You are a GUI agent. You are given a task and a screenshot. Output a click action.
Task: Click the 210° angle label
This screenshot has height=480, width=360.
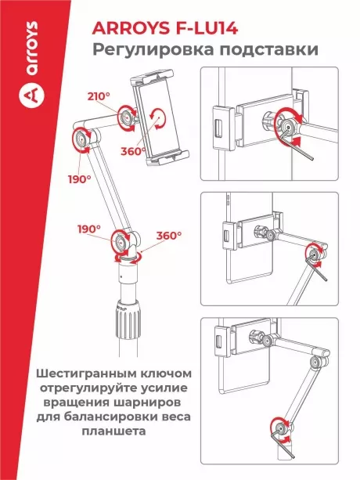pos(99,96)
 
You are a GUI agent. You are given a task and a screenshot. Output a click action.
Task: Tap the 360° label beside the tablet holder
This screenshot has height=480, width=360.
pos(132,151)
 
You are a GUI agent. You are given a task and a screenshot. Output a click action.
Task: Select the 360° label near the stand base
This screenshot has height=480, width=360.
pos(169,236)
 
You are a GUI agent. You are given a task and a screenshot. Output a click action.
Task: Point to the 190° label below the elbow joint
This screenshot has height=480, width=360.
pos(80,179)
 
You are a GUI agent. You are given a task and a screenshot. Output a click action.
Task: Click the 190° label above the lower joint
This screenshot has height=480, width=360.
pos(89,229)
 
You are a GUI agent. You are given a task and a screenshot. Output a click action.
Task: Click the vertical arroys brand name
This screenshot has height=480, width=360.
pos(32,49)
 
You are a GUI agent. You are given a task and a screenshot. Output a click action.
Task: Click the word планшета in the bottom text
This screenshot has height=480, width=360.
pos(113,431)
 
